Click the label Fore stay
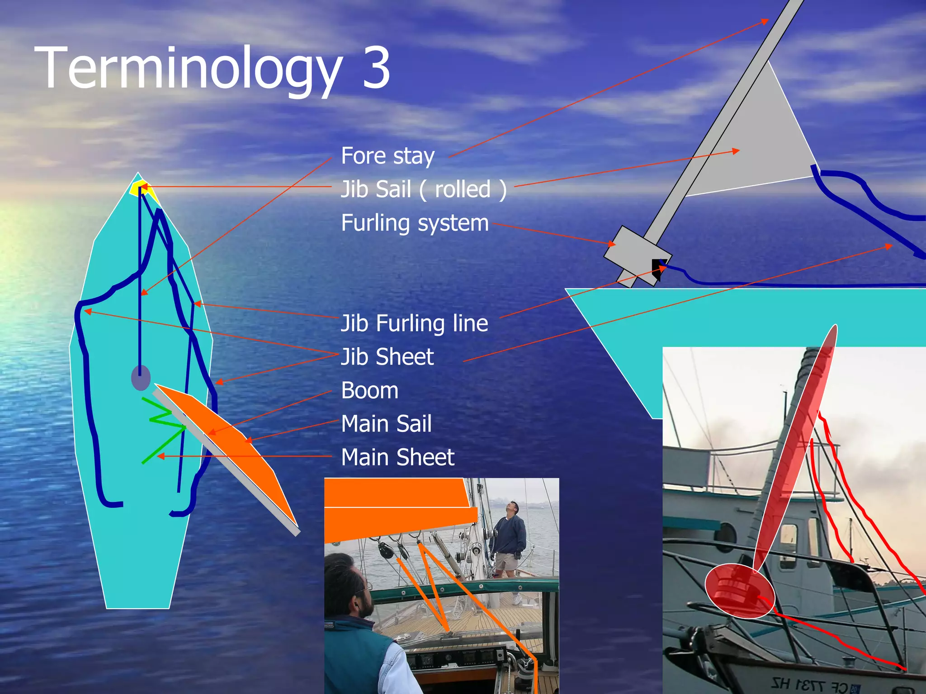(387, 156)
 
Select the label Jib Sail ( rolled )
(423, 189)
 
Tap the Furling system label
(415, 223)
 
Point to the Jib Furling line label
(414, 324)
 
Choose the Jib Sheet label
(387, 357)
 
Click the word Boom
(369, 390)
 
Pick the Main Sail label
(386, 424)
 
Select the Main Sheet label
(397, 457)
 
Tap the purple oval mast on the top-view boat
(141, 378)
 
